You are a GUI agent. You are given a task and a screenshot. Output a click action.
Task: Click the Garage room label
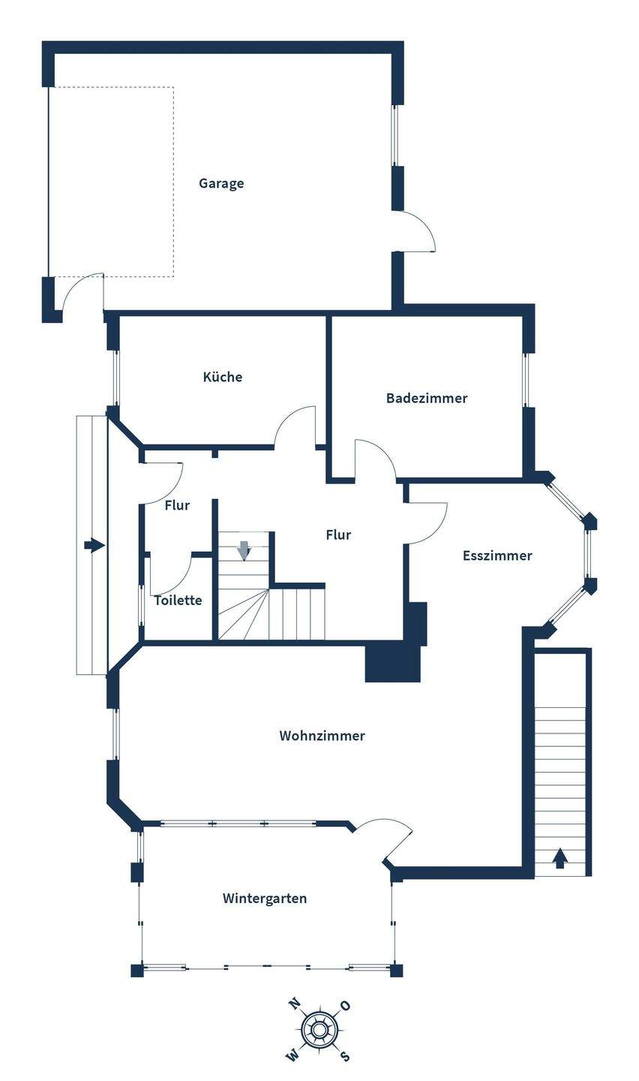tap(221, 183)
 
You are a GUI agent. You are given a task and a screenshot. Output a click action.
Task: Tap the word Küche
tap(223, 377)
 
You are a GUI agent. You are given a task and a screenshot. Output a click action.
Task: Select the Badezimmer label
tap(427, 398)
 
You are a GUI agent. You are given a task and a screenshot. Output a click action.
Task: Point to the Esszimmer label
tap(497, 556)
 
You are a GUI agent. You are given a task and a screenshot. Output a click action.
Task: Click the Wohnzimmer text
tap(322, 736)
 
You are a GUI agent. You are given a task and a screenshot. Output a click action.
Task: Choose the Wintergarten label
tap(265, 898)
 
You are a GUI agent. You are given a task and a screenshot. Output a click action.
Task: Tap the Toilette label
tap(178, 600)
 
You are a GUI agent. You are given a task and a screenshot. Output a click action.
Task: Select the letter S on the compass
tap(344, 1055)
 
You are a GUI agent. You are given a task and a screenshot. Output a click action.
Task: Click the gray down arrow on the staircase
tap(244, 550)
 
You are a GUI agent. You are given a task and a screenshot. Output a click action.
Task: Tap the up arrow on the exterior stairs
tap(559, 857)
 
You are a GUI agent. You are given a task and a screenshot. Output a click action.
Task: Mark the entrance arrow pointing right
tap(94, 546)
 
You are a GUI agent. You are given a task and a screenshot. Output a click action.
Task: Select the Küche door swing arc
tap(295, 428)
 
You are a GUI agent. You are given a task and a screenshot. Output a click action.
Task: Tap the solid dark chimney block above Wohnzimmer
tap(392, 662)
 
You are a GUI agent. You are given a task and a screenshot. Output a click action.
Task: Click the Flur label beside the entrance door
tap(177, 505)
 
